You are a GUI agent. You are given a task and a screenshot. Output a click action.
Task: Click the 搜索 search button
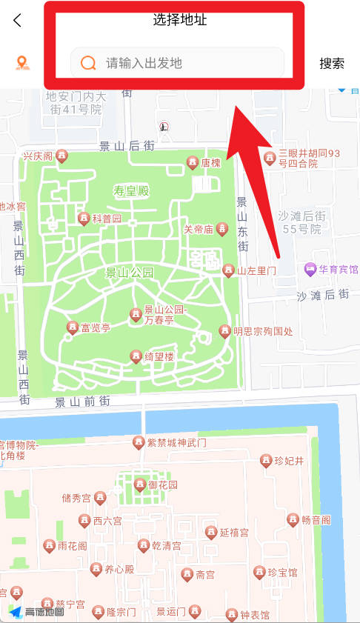click(332, 64)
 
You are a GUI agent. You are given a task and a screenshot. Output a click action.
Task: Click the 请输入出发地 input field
click(185, 63)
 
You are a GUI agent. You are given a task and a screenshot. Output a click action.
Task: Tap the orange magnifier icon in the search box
click(89, 63)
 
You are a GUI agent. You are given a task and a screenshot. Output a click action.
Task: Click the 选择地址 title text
click(180, 20)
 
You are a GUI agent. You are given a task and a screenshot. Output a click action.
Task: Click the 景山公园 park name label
click(130, 273)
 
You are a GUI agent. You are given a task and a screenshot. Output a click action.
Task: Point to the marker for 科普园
click(84, 219)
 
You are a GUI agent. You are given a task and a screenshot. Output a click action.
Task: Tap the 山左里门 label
click(256, 271)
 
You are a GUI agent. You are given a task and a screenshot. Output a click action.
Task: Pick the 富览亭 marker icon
click(73, 327)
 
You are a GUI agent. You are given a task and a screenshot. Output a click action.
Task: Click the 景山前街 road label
click(82, 402)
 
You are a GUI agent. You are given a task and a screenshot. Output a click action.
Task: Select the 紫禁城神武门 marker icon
click(138, 443)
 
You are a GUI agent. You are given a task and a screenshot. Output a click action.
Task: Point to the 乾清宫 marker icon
click(144, 546)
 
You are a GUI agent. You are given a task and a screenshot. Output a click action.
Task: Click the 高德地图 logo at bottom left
click(37, 612)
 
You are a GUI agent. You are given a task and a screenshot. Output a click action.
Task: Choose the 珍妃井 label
click(289, 461)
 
